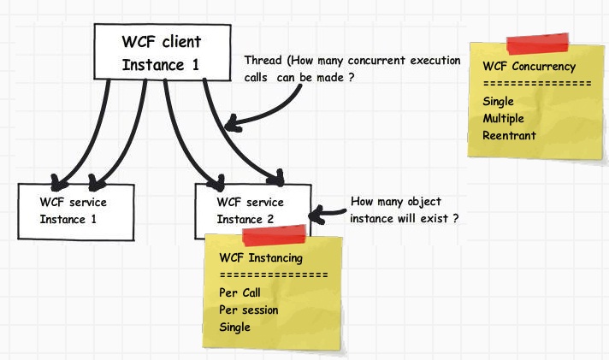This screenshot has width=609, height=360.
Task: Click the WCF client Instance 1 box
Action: click(x=163, y=52)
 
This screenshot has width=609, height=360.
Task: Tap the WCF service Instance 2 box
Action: click(x=252, y=210)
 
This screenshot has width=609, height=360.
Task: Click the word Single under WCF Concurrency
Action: click(x=499, y=102)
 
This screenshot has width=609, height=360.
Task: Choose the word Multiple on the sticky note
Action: click(x=504, y=118)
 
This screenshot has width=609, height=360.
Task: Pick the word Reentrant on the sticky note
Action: click(x=509, y=135)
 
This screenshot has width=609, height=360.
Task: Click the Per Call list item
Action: click(x=239, y=292)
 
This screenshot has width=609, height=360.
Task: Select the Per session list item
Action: click(x=249, y=310)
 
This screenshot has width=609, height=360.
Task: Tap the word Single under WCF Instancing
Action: click(x=235, y=327)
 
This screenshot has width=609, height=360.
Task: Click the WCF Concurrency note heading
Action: click(x=529, y=66)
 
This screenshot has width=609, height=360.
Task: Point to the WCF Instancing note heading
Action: click(x=261, y=257)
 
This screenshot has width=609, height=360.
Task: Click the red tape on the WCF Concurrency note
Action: click(x=537, y=44)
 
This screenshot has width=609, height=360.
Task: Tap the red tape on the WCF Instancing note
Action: click(x=275, y=234)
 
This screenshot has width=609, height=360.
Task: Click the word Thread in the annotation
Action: click(x=262, y=62)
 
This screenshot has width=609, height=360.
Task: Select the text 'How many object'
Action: click(x=396, y=202)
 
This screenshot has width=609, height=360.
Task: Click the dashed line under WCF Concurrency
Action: click(x=537, y=84)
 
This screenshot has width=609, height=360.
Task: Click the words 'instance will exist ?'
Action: click(x=405, y=218)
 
